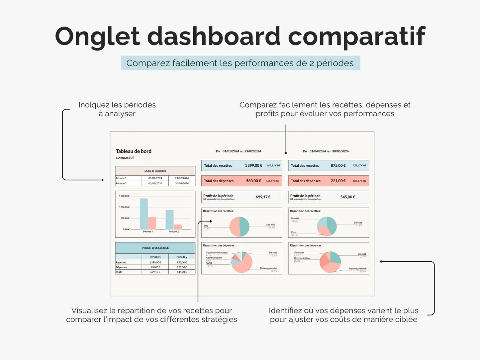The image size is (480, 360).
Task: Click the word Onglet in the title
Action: (97, 37)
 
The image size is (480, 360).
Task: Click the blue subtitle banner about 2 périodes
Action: (240, 63)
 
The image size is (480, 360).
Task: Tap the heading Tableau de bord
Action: (134, 151)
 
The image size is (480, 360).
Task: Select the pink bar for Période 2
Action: (178, 227)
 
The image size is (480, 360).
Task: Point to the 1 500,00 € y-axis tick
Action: (124, 196)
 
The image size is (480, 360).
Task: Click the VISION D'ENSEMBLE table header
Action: (155, 248)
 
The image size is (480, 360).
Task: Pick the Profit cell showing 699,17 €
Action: (155, 272)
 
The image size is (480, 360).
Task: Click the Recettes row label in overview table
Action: (121, 262)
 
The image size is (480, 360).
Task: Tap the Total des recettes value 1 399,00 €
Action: (253, 165)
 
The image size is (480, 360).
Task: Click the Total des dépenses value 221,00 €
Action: (338, 181)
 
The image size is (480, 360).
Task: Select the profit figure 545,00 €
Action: (348, 197)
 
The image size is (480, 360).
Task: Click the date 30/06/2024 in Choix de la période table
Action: (182, 183)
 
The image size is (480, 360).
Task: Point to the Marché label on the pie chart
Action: (295, 218)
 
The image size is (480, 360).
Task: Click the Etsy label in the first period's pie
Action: (206, 226)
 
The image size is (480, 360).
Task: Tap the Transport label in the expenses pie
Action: (299, 252)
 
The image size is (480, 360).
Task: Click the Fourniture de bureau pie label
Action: (217, 253)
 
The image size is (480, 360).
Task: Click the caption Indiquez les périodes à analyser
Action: (117, 109)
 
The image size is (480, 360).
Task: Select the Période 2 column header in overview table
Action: (182, 257)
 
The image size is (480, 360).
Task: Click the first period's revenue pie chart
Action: (240, 226)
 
